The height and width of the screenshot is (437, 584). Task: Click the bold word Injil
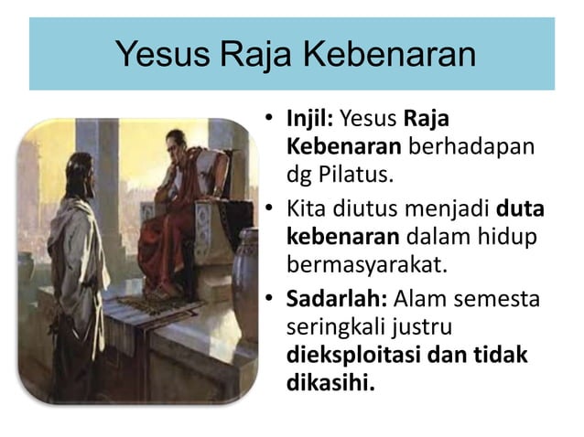[x=310, y=119]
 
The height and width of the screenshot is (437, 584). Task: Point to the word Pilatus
[x=364, y=172]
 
